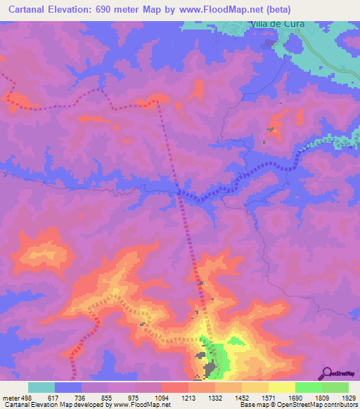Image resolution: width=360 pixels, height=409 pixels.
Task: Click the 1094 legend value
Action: [161, 397]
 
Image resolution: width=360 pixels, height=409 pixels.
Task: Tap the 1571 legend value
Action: [268, 397]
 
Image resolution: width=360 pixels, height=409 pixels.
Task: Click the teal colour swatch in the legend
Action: [41, 387]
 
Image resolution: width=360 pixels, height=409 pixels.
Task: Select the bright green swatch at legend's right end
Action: [335, 387]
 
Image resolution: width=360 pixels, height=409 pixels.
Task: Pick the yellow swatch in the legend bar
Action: [281, 387]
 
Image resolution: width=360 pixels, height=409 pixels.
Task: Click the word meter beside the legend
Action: [9, 397]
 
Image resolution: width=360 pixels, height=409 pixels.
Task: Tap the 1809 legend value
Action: [321, 397]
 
